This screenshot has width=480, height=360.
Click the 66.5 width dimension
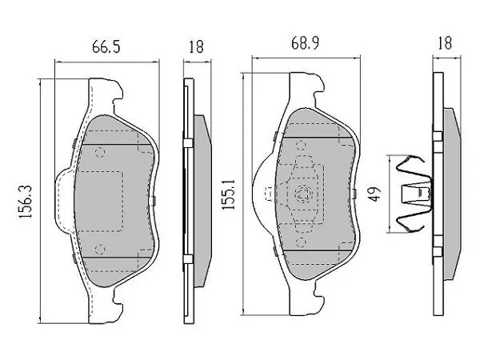pyautogui.click(x=106, y=47)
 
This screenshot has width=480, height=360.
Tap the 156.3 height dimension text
pyautogui.click(x=25, y=202)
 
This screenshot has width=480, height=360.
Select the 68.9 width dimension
pyautogui.click(x=305, y=43)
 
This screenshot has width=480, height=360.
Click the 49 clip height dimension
pyautogui.click(x=375, y=194)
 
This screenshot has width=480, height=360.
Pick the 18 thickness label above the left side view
pyautogui.click(x=196, y=47)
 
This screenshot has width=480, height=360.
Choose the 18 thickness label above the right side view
pyautogui.click(x=445, y=43)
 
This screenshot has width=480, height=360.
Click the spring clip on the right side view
pyautogui.click(x=414, y=194)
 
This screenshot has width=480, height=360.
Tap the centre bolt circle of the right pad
pyautogui.click(x=302, y=193)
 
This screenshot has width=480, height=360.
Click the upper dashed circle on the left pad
pyautogui.click(x=100, y=152)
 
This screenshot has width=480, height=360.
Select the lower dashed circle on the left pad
pyautogui.click(x=99, y=250)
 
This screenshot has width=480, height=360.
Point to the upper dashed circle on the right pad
pyautogui.click(x=302, y=146)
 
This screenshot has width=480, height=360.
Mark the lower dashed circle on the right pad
pyautogui.click(x=302, y=242)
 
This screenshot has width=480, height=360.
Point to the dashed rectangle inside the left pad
pyautogui.click(x=99, y=201)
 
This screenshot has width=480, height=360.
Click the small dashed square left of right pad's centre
pyautogui.click(x=269, y=193)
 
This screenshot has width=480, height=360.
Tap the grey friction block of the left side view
pyautogui.click(x=202, y=201)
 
